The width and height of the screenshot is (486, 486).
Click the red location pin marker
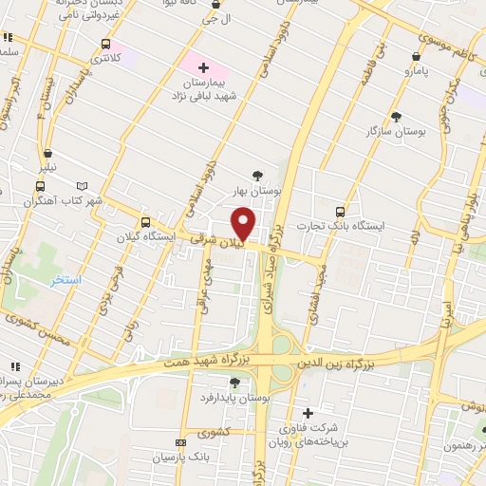click(244, 225)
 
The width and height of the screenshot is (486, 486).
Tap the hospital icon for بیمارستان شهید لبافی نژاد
click(204, 67)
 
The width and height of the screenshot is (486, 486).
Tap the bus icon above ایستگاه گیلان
click(144, 221)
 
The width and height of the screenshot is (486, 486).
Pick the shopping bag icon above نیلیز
click(47, 153)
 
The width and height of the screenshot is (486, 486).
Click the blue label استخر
click(66, 282)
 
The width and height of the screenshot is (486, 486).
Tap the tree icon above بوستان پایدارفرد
click(234, 383)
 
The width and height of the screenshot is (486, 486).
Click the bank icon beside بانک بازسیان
click(181, 443)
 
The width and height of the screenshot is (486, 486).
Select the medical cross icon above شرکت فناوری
click(308, 413)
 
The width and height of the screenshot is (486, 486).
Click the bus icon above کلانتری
click(104, 44)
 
